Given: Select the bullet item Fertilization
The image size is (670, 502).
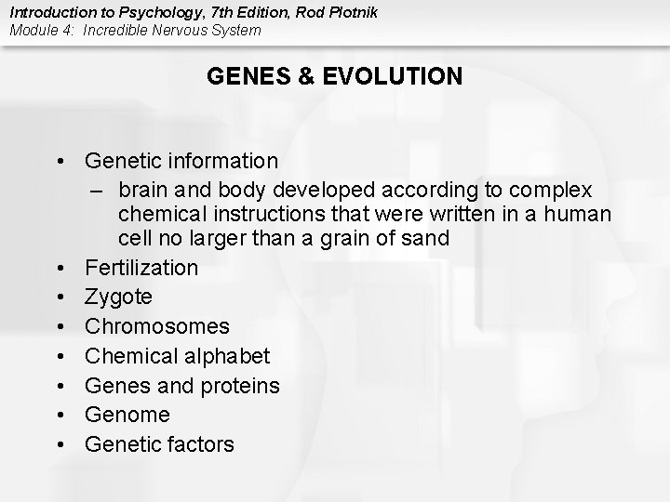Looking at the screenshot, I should tap(141, 268).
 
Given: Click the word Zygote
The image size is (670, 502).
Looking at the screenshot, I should tap(118, 297).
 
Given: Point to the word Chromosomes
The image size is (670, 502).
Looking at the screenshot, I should tap(156, 327).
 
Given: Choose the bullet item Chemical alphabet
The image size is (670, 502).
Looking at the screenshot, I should tap(177, 356).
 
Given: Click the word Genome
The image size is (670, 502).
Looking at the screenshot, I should tap(127, 415).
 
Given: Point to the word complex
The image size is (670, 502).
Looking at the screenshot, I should tap(549, 191).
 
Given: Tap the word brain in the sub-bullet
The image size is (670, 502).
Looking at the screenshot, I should tap(145, 191).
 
